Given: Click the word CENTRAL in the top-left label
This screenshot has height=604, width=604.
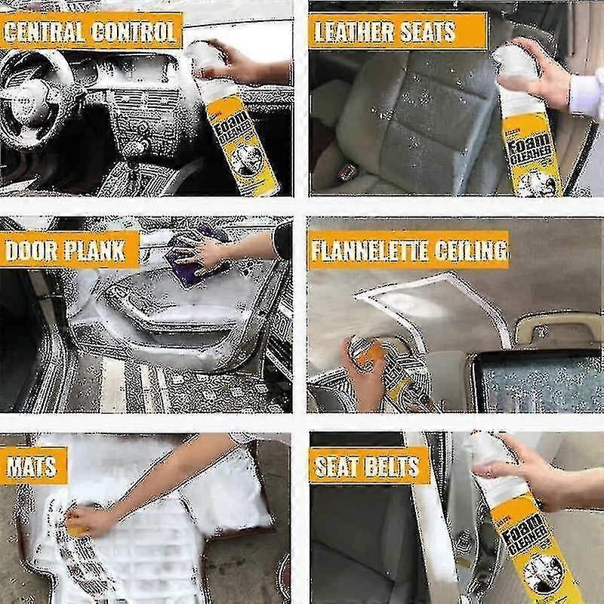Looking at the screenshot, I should click(45, 32).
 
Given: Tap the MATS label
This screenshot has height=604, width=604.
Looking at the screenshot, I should click(32, 466).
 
